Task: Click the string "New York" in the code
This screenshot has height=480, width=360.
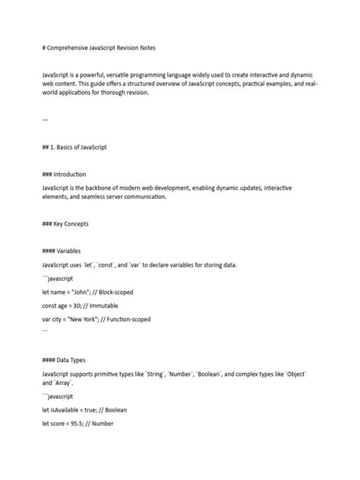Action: [x=87, y=319]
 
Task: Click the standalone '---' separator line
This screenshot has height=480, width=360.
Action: [x=47, y=119]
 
